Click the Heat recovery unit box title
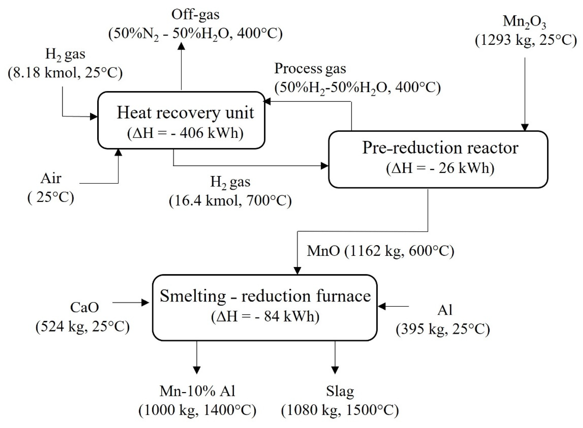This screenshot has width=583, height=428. click(185, 113)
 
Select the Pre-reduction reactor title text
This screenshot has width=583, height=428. click(440, 148)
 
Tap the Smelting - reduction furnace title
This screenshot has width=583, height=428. click(265, 296)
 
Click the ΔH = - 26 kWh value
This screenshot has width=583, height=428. click(440, 168)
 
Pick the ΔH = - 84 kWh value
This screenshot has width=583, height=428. click(265, 316)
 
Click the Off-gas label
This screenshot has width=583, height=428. click(195, 15)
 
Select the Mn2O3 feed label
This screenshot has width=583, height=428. click(525, 22)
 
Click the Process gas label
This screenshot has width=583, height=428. click(310, 69)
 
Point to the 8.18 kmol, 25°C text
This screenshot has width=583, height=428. click(65, 73)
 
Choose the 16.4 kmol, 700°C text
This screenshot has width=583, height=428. click(230, 201)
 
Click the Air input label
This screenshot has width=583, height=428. click(51, 179)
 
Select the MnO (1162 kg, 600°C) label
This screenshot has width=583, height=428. click(380, 251)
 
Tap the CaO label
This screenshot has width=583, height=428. click(84, 308)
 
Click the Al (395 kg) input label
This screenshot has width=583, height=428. click(445, 310)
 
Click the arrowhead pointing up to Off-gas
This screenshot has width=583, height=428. click(181, 46)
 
